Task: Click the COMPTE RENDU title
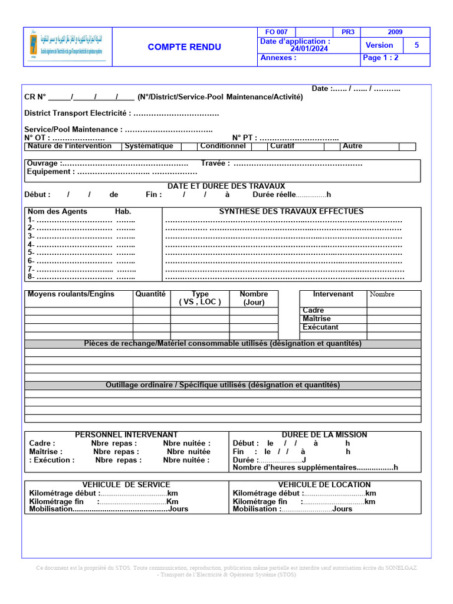tap(184, 47)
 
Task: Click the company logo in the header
tap(68, 47)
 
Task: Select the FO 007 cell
tap(276, 32)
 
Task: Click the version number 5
tap(416, 45)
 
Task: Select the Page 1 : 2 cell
tap(380, 58)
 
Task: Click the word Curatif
tap(282, 146)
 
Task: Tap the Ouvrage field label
tap(42, 163)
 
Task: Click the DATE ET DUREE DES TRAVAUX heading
tap(226, 186)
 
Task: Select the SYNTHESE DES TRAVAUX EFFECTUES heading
tap(291, 211)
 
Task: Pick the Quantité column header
tap(150, 294)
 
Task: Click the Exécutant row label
tap(320, 327)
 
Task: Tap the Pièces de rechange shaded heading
tap(222, 343)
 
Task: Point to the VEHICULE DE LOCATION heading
tap(324, 485)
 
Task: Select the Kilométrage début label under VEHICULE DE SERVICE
tap(64, 494)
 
